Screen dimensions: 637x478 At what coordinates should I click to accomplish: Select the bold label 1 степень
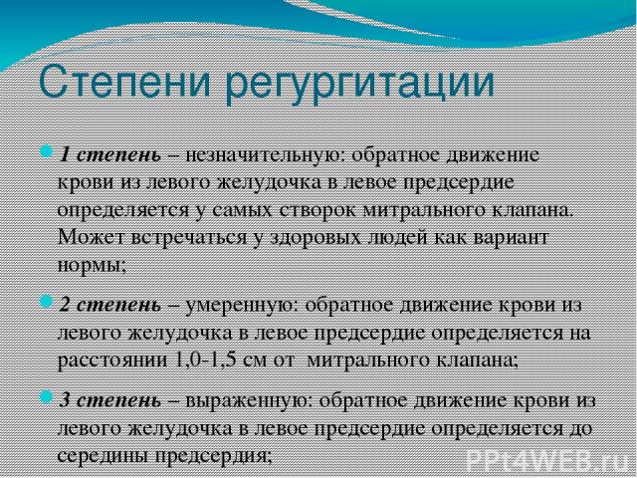tap(110, 156)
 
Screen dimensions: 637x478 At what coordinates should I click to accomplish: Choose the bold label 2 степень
tap(110, 306)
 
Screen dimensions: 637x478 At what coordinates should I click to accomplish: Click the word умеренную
tap(242, 307)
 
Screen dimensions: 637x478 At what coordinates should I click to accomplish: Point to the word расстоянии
tap(112, 360)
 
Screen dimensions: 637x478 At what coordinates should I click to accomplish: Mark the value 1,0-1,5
tap(206, 359)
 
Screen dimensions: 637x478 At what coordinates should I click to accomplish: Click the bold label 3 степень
tap(110, 401)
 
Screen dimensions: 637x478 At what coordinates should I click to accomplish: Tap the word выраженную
tap(250, 402)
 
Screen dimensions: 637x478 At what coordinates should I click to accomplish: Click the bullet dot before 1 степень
tap(46, 153)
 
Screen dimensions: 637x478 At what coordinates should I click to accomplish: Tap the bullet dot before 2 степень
tap(46, 302)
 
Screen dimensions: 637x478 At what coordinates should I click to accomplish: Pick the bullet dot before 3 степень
tap(46, 396)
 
